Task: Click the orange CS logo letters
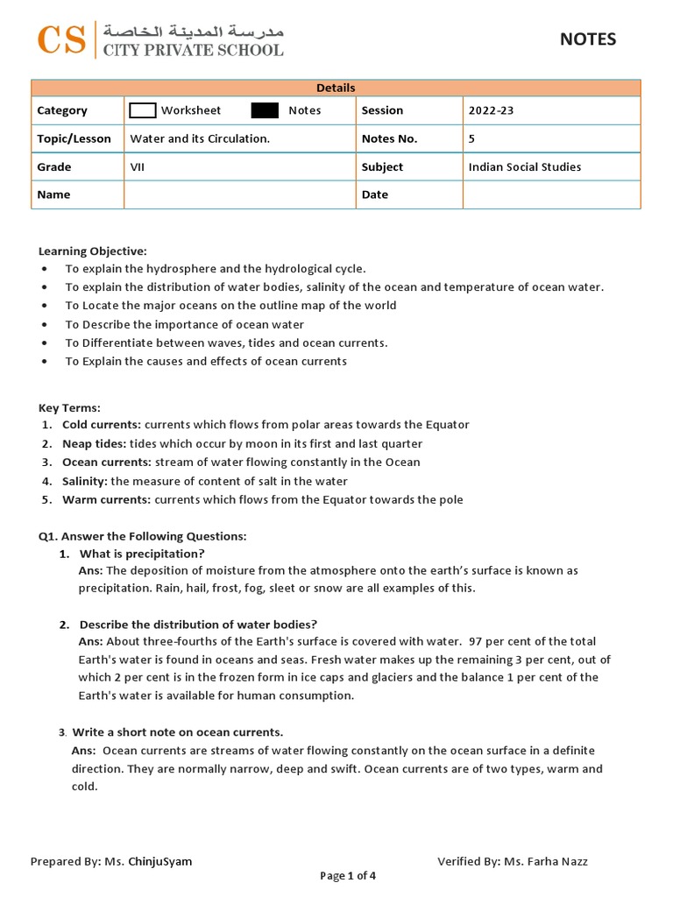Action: pos(61,39)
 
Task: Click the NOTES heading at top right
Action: pos(588,39)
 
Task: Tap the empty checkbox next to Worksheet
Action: pos(142,110)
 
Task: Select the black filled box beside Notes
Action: pos(265,110)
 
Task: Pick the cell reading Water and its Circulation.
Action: pos(200,138)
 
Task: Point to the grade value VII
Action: pos(138,166)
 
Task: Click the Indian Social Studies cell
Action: pos(524,166)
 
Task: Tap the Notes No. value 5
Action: pos(472,138)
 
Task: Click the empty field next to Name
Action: pos(239,194)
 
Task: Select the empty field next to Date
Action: pos(551,194)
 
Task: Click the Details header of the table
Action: pos(336,88)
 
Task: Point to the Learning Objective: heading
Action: pos(93,251)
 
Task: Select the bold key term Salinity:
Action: pos(85,481)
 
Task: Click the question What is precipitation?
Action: pos(142,554)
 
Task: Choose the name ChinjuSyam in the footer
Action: pos(160,861)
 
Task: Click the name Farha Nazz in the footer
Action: pos(556,861)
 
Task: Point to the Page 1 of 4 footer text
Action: pos(348,875)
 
